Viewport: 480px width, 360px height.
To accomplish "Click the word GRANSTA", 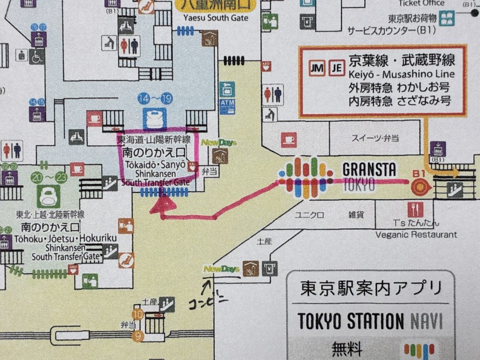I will coord(369,169).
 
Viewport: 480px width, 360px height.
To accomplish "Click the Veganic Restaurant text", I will coord(416,234).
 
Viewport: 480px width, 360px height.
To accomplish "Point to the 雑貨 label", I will coord(355,215).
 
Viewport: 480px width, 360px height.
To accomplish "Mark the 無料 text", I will coord(348,349).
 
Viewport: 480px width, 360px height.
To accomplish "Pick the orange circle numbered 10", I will coord(138,315).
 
